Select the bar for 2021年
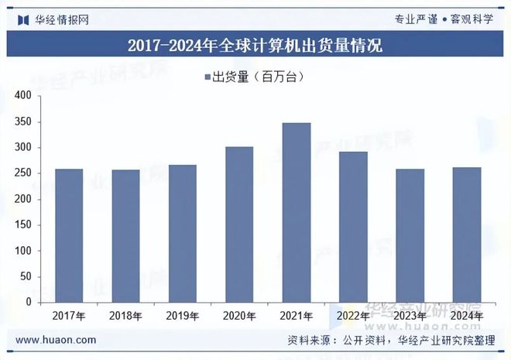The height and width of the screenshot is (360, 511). [297, 212]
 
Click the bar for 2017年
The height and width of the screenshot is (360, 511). [69, 235]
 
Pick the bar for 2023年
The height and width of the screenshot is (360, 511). [410, 235]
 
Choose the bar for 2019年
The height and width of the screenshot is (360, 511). [183, 233]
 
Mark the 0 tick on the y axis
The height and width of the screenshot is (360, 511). [27, 302]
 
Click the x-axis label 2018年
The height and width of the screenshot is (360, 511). [125, 316]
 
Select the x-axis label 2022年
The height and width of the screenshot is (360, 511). [353, 316]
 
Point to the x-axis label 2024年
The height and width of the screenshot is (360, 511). [467, 316]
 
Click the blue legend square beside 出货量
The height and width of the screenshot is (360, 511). [207, 76]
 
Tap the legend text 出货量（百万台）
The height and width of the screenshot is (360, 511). [259, 76]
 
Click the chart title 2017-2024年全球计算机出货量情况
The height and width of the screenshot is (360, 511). [255, 45]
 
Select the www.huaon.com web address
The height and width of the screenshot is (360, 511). [57, 340]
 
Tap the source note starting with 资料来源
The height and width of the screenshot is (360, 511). [396, 340]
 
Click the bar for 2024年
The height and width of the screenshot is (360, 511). [467, 235]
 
